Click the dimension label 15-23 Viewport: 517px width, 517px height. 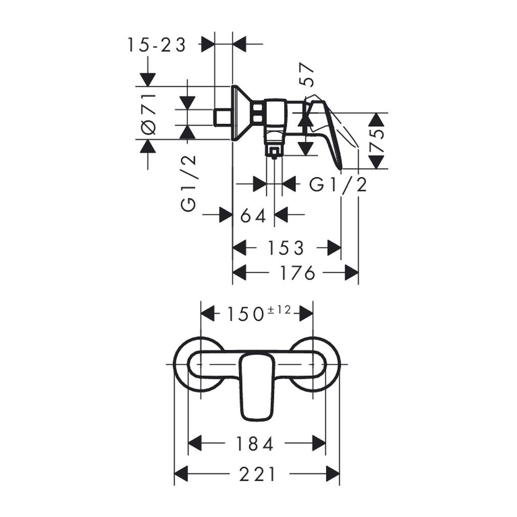click(157, 45)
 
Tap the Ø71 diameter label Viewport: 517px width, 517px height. click(149, 114)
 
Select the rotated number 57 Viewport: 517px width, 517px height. click(306, 75)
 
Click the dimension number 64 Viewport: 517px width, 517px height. click(253, 216)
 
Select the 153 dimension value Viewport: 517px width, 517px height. click(286, 248)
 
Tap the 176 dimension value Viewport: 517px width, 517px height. click(297, 273)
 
